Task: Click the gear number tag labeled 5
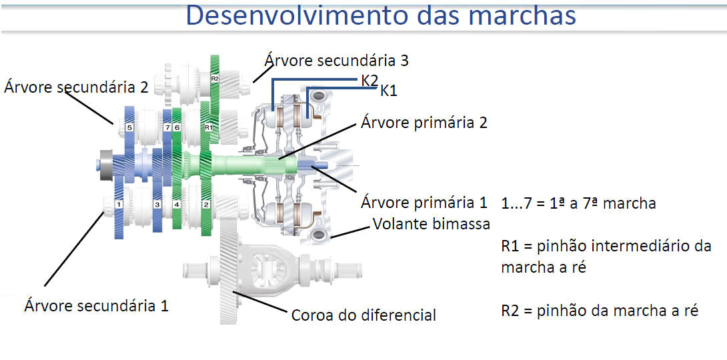tap(130, 127)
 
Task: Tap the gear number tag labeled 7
tap(167, 127)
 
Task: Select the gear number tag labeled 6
tap(177, 127)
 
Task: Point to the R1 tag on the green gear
tap(207, 127)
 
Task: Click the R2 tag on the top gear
tap(215, 79)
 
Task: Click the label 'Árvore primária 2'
tap(424, 124)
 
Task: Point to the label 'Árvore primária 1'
tap(424, 203)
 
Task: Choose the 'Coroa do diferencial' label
tap(363, 315)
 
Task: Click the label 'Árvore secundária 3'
tap(337, 61)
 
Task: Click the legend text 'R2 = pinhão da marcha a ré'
tap(600, 311)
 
